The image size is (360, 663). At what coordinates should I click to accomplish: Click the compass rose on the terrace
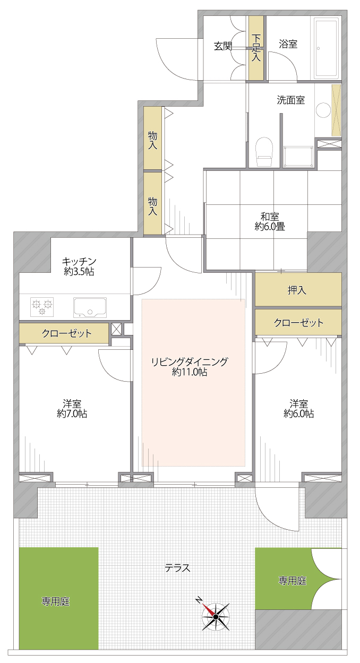(x=216, y=616)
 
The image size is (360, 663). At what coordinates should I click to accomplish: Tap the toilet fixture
(x=264, y=151)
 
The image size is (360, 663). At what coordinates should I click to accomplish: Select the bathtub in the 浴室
(x=327, y=48)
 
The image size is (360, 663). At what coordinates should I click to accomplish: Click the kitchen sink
(x=90, y=307)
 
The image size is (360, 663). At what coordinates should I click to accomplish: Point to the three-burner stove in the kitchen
(x=42, y=307)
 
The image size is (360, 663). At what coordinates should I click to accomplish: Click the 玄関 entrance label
(x=223, y=46)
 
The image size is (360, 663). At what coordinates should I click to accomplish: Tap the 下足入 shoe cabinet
(x=256, y=48)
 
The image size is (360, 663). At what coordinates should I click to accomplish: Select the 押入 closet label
(x=297, y=290)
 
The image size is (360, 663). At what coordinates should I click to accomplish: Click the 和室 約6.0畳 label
(x=270, y=221)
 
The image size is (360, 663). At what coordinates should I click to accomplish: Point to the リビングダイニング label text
(x=190, y=361)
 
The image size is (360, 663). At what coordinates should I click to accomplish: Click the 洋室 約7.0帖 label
(x=72, y=408)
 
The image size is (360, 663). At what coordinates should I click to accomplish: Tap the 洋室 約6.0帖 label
(x=299, y=408)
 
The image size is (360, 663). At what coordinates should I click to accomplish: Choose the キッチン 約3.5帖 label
(x=79, y=266)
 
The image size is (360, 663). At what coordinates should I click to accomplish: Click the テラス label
(x=177, y=568)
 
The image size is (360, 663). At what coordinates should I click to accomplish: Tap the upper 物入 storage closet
(x=153, y=138)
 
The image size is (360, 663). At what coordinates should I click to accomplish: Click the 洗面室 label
(x=291, y=100)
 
